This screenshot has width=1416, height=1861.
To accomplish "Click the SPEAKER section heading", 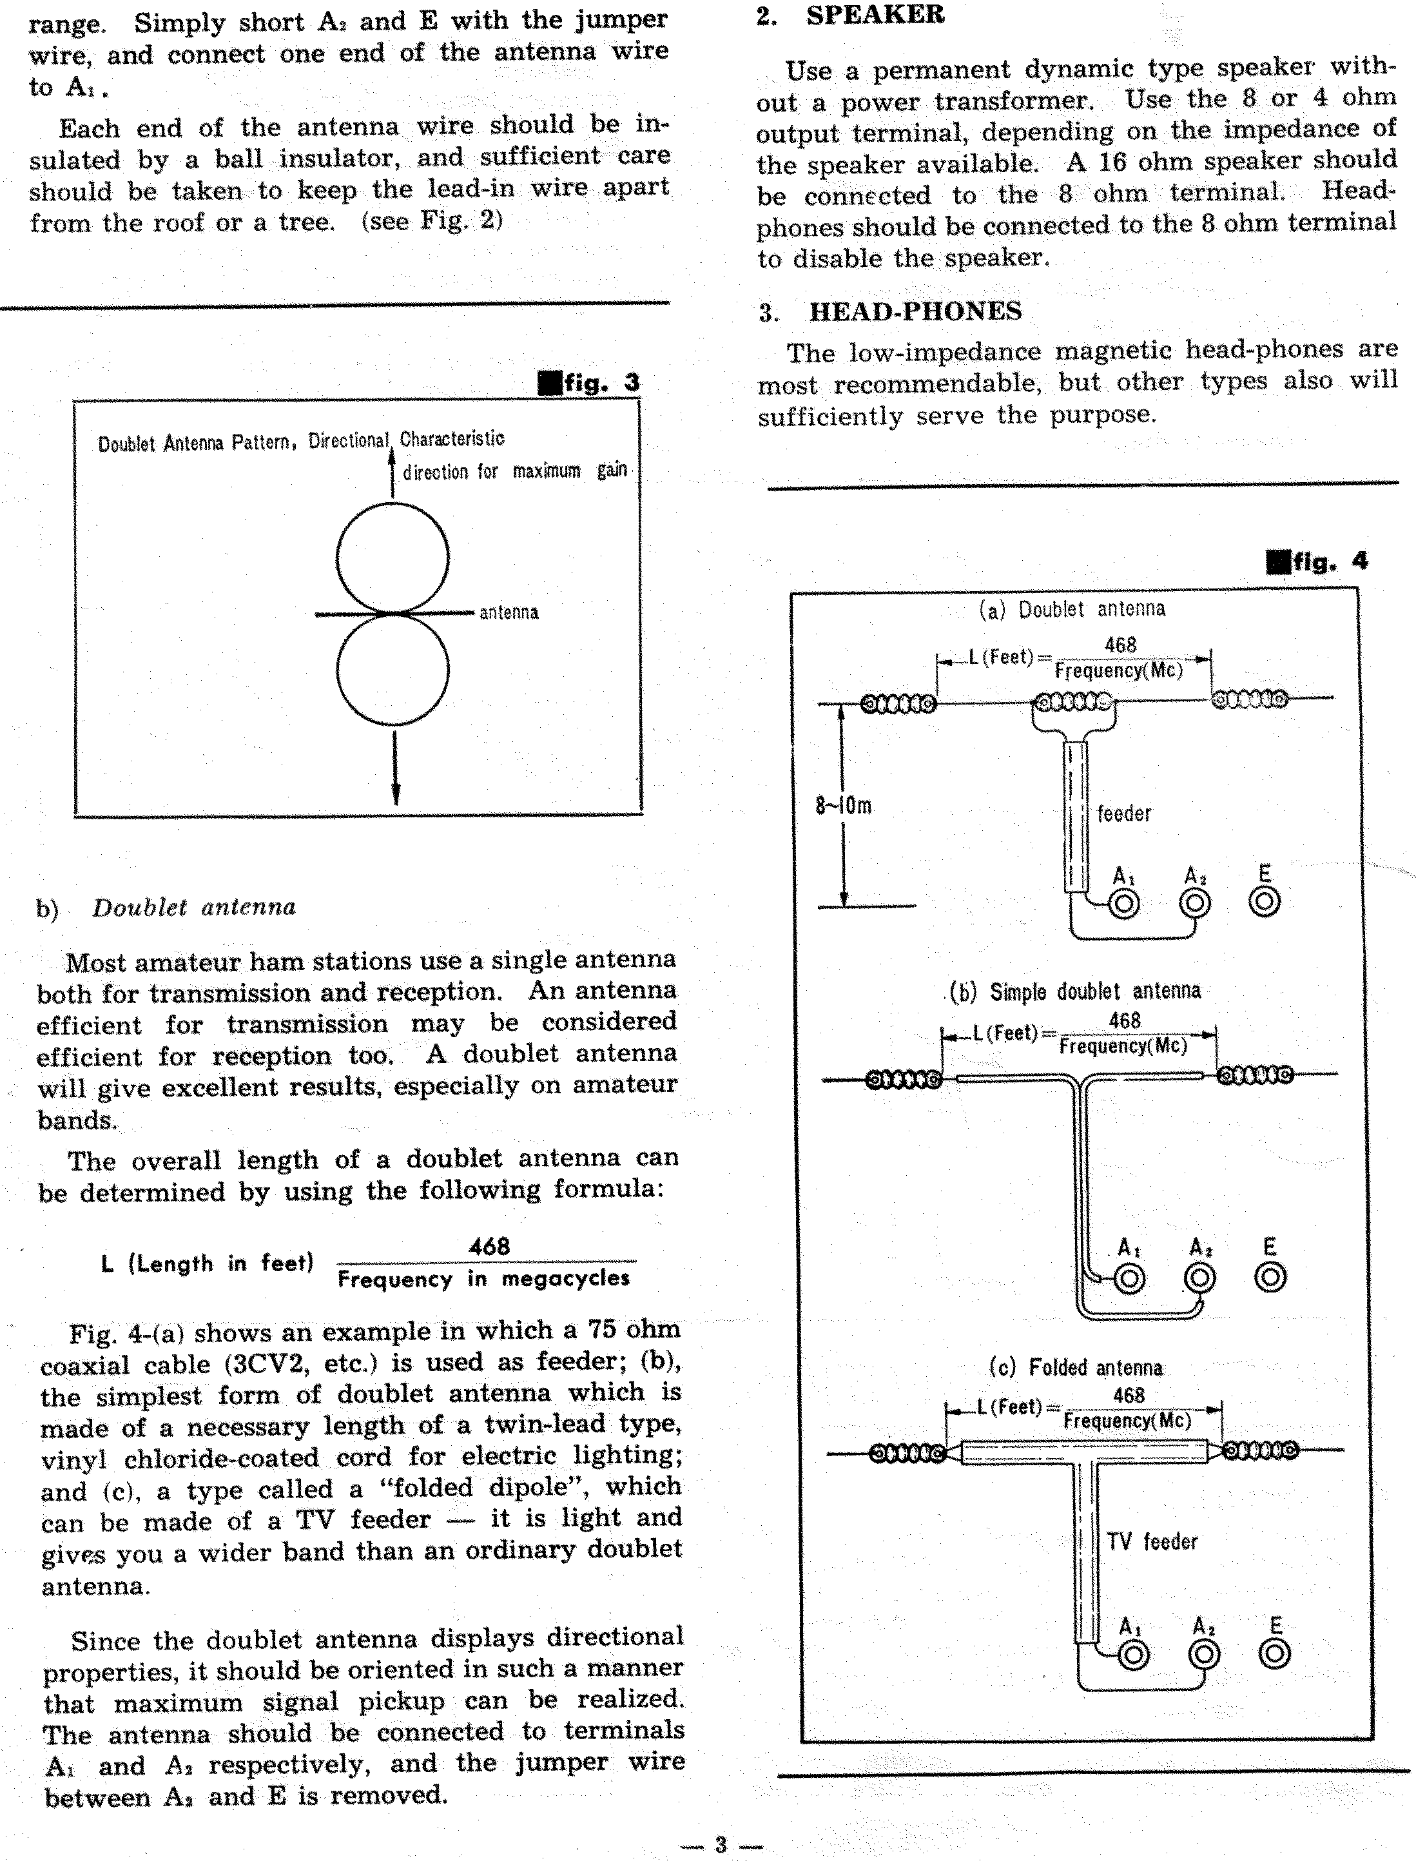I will point(874,15).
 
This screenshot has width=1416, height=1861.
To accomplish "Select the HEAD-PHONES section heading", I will point(915,312).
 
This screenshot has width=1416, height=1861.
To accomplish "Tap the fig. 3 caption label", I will point(590,383).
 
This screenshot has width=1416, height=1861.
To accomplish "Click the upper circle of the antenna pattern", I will point(393,558).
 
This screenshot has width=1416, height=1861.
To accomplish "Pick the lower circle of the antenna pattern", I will point(393,669).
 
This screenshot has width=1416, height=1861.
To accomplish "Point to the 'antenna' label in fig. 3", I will point(509,613).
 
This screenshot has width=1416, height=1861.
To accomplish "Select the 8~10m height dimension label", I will point(843,806).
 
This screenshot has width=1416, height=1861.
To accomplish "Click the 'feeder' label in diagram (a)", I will point(1123,814).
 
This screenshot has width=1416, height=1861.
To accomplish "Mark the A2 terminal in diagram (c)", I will point(1203,1655).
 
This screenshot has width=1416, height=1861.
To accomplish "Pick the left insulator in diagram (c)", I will point(907,1452).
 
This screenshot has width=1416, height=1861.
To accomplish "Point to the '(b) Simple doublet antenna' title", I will point(1074,991).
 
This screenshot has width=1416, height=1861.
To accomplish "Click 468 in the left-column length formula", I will point(489,1246).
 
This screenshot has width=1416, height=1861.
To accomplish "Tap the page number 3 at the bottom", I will point(721,1844).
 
